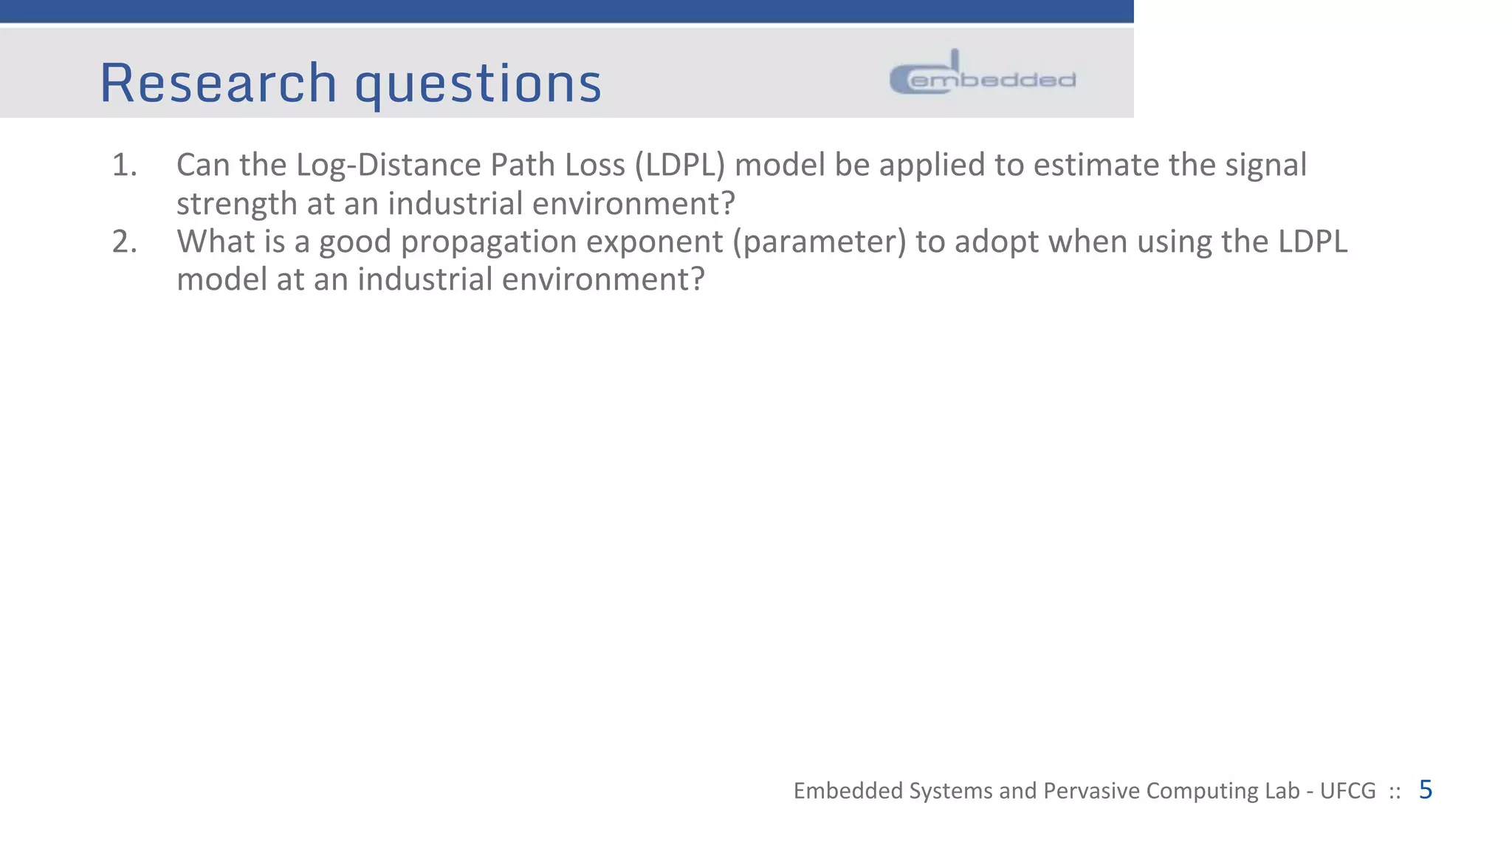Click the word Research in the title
[x=219, y=83]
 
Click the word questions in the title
[x=478, y=84]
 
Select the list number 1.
[x=124, y=165]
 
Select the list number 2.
[x=124, y=242]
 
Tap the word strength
[x=236, y=203]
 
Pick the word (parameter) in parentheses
[x=819, y=242]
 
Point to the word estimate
[x=1096, y=165]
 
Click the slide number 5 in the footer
[x=1425, y=790]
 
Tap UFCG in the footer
[x=1347, y=791]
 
